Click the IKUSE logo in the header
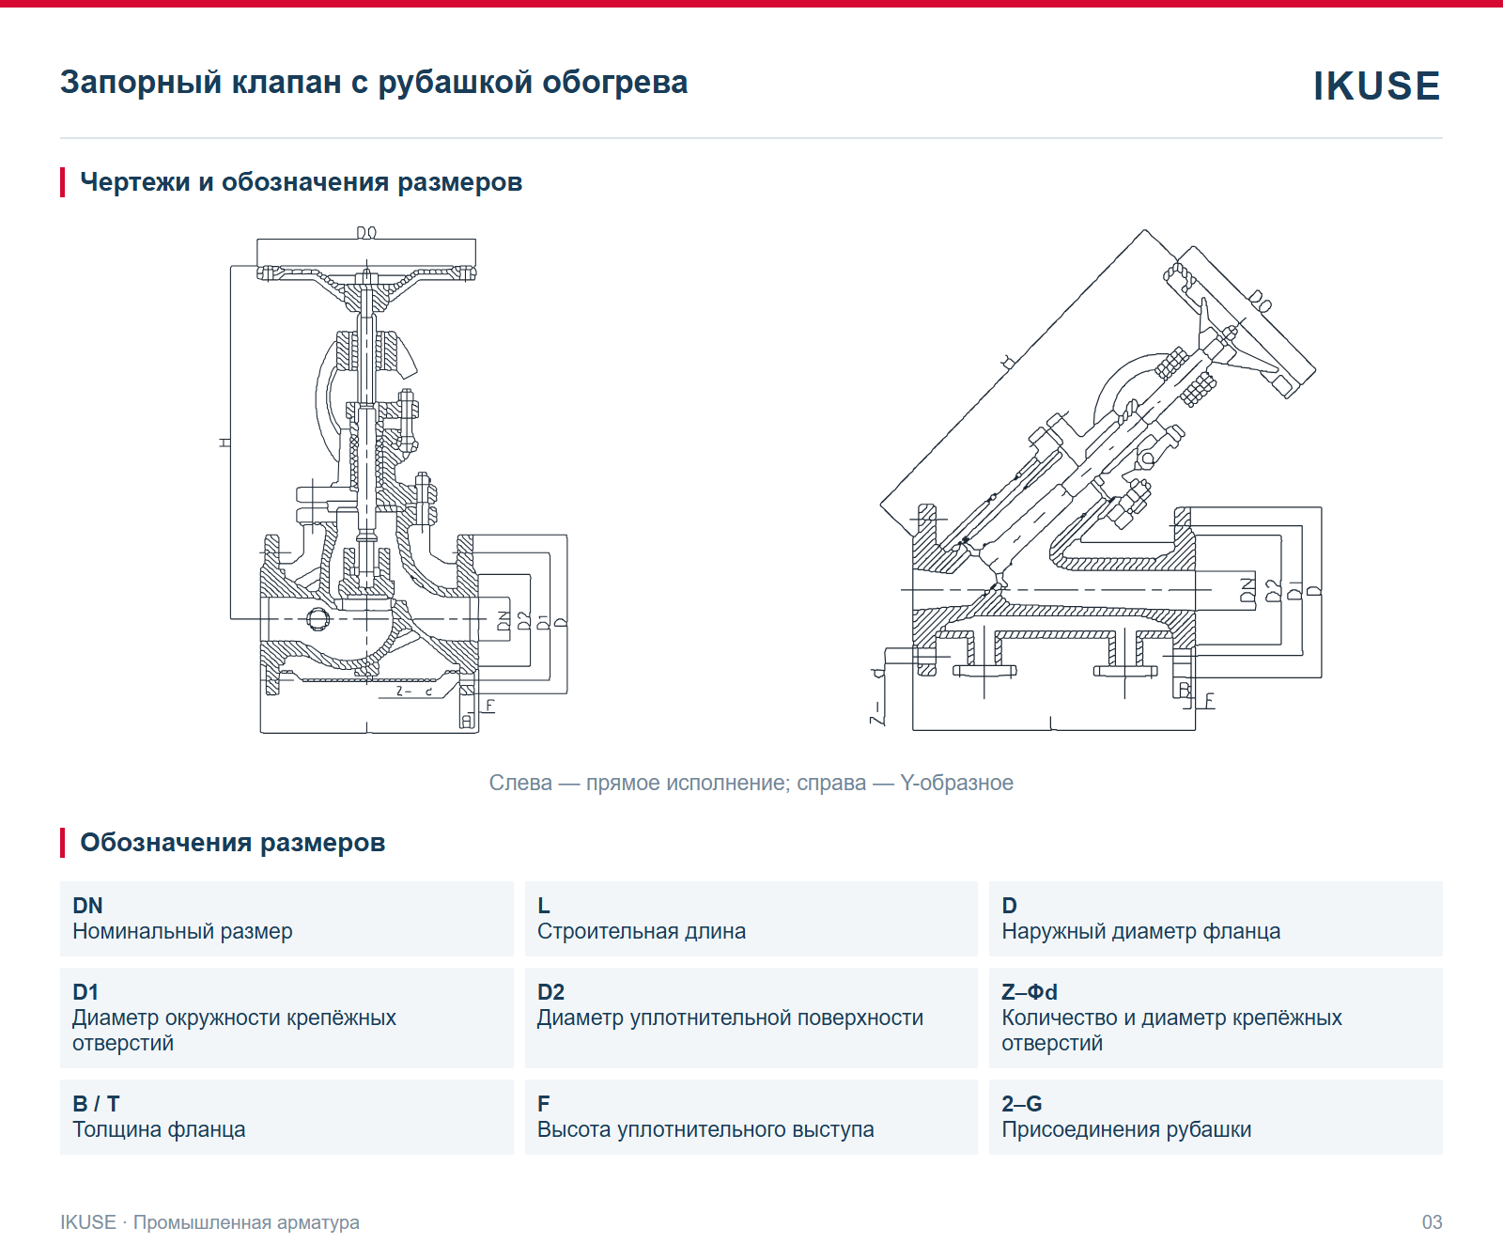click(x=1376, y=85)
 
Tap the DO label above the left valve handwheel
click(x=366, y=232)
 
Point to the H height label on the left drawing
click(x=225, y=442)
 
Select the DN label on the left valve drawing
click(x=504, y=621)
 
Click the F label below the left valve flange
click(x=489, y=705)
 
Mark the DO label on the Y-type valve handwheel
click(x=1260, y=302)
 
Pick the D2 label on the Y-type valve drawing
click(x=1273, y=590)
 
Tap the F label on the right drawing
click(x=1209, y=700)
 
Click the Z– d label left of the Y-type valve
click(x=877, y=695)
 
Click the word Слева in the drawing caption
click(x=520, y=783)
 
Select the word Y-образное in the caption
click(x=956, y=783)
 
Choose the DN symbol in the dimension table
click(x=87, y=905)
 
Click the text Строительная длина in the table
click(x=642, y=931)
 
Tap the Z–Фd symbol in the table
click(x=1030, y=991)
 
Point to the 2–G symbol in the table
click(x=1022, y=1103)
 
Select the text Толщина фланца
click(x=159, y=1129)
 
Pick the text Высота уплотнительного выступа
click(x=705, y=1129)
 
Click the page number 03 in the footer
click(x=1432, y=1222)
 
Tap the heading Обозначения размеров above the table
click(x=233, y=842)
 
